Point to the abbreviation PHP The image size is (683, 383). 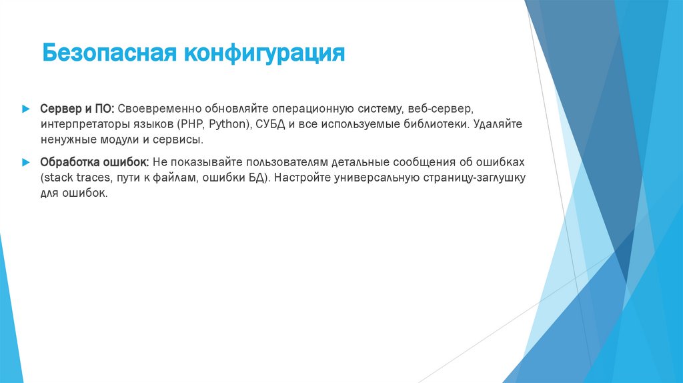192,124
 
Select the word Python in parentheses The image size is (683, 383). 227,124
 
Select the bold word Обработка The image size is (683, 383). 70,162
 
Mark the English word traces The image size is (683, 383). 92,178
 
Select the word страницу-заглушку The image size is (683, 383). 474,178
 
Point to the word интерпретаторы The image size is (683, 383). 83,124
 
